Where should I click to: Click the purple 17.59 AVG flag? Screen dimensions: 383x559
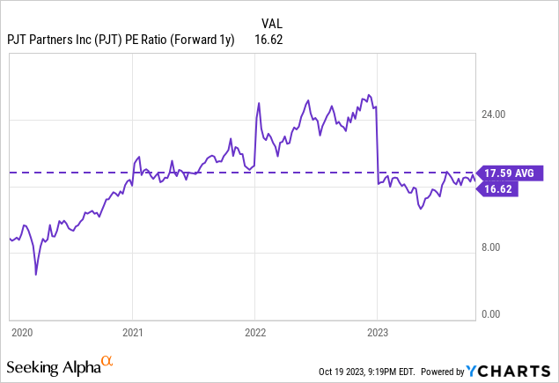tap(510, 173)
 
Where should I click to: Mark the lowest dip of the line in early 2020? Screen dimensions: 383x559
tap(36, 275)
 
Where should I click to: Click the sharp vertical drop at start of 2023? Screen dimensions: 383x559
tap(376, 145)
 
